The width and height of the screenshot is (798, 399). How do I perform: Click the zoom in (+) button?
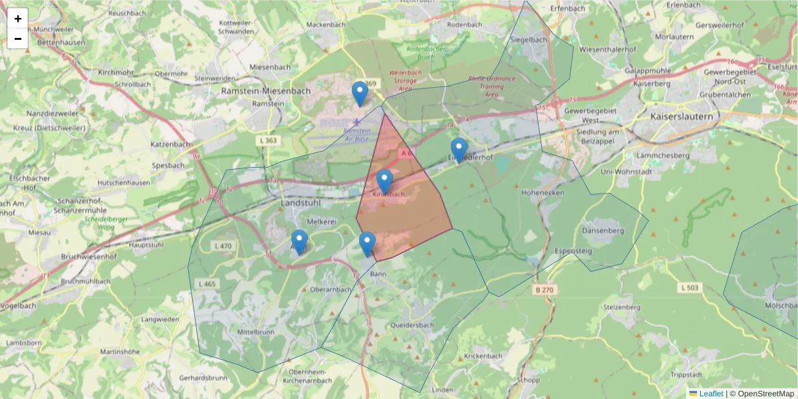pyautogui.click(x=18, y=19)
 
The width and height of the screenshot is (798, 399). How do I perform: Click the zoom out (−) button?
pyautogui.click(x=18, y=39)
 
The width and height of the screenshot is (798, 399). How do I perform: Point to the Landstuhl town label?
pyautogui.click(x=301, y=201)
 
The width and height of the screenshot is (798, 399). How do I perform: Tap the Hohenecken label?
pyautogui.click(x=543, y=192)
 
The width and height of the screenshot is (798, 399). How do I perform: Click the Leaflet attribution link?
pyautogui.click(x=711, y=394)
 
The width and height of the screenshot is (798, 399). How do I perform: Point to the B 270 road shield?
pyautogui.click(x=543, y=290)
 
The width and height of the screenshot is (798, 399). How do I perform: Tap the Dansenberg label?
pyautogui.click(x=603, y=230)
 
